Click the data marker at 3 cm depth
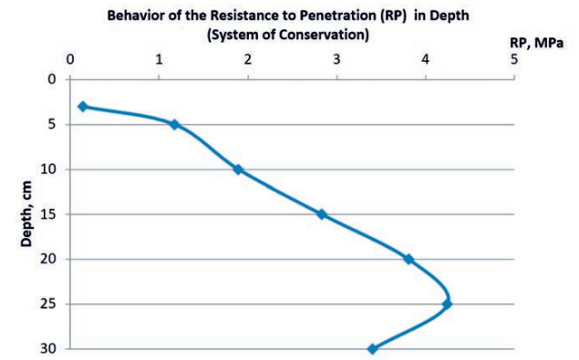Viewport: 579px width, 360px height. click(x=83, y=107)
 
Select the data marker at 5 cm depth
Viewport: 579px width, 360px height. click(x=174, y=125)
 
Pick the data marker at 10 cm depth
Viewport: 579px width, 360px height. click(x=238, y=170)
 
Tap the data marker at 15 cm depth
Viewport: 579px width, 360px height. click(x=321, y=214)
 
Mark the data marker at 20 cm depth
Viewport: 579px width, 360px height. click(x=408, y=259)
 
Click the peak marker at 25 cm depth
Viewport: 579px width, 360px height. click(x=447, y=303)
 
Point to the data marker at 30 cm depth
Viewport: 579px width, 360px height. click(x=372, y=348)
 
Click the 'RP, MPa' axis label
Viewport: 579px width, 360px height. click(x=537, y=42)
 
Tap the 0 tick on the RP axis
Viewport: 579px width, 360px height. click(x=70, y=60)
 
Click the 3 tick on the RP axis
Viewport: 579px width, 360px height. click(x=336, y=60)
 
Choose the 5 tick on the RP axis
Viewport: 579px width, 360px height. click(x=514, y=60)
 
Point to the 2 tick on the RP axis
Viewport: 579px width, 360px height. click(x=248, y=60)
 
